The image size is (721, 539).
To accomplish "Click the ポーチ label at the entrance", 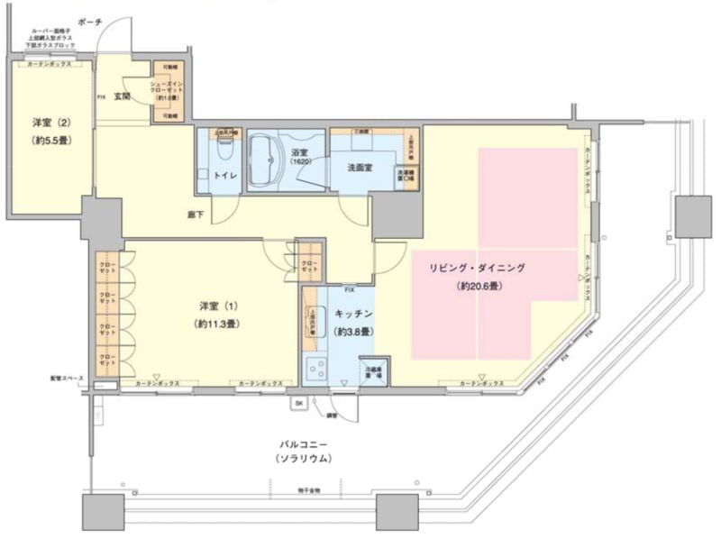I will click(x=89, y=20).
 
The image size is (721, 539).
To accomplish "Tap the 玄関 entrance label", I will click(x=123, y=96).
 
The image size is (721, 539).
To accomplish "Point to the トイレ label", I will click(x=225, y=176).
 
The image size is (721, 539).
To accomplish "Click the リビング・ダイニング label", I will click(x=478, y=268).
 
